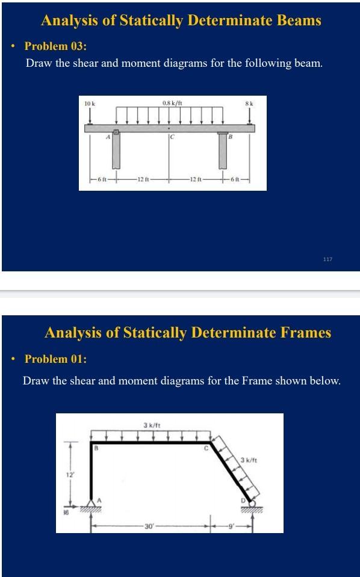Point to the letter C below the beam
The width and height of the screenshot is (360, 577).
click(172, 137)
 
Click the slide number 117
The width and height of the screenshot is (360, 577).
click(327, 259)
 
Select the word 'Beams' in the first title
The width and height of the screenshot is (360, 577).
click(300, 20)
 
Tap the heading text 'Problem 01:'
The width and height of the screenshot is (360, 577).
click(56, 359)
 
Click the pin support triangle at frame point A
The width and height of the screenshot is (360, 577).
click(92, 504)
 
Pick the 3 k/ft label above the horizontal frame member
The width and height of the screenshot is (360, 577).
click(151, 426)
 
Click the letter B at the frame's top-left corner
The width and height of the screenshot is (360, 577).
click(96, 448)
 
